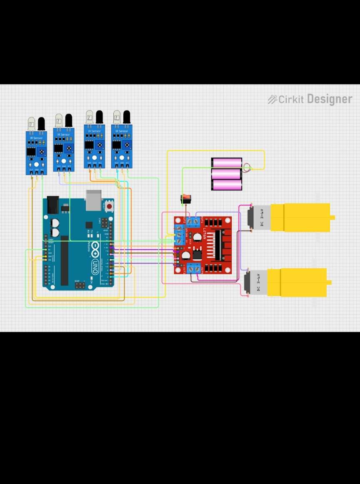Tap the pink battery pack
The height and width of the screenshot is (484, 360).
point(227,174)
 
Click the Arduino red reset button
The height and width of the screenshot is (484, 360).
point(109,206)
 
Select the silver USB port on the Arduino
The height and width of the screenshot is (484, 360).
point(94,200)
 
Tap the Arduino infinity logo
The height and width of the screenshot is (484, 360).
point(95,248)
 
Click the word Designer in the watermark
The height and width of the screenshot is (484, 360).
point(329,99)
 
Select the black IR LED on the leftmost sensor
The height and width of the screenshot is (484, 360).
point(41,124)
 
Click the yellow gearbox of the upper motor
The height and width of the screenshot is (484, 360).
point(300,217)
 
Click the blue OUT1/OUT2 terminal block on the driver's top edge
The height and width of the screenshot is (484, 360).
point(192,221)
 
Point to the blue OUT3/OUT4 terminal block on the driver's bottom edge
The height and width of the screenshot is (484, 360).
point(194,268)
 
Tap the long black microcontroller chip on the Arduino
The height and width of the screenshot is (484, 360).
point(65,261)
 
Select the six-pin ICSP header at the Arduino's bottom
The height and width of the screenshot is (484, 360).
point(80,285)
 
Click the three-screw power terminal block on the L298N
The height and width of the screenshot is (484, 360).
point(179,235)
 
